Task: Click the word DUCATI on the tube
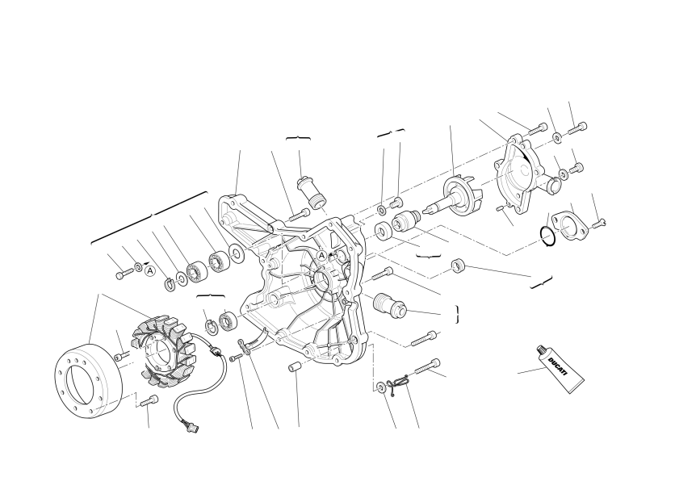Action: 559,366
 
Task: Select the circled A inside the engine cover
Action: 321,256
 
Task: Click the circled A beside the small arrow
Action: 149,271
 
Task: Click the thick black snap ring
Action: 548,236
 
